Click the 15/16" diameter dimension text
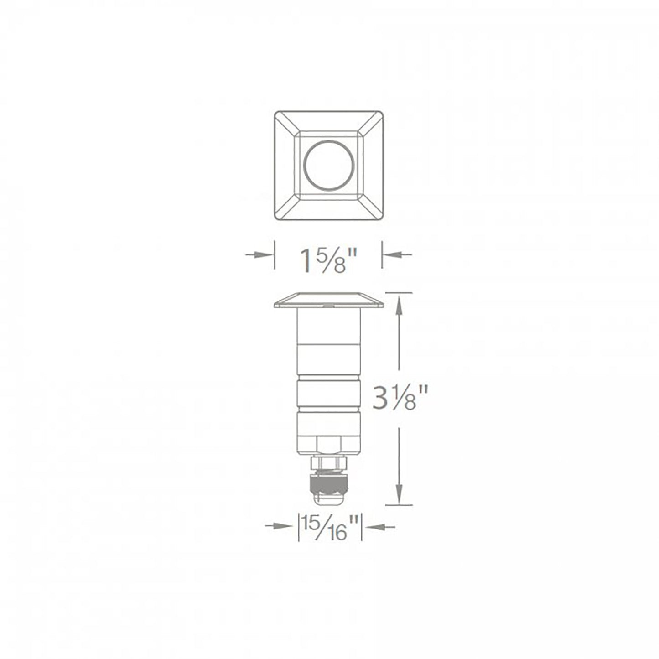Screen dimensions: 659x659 (x=329, y=527)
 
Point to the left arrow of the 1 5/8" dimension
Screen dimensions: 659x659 (x=257, y=254)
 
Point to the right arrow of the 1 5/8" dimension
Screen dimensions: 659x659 (x=398, y=254)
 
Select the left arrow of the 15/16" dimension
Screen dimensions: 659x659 (x=278, y=526)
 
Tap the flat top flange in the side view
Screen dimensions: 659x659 (x=328, y=300)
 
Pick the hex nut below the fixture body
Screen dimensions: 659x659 (x=328, y=463)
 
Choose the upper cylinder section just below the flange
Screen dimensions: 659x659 (x=328, y=326)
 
